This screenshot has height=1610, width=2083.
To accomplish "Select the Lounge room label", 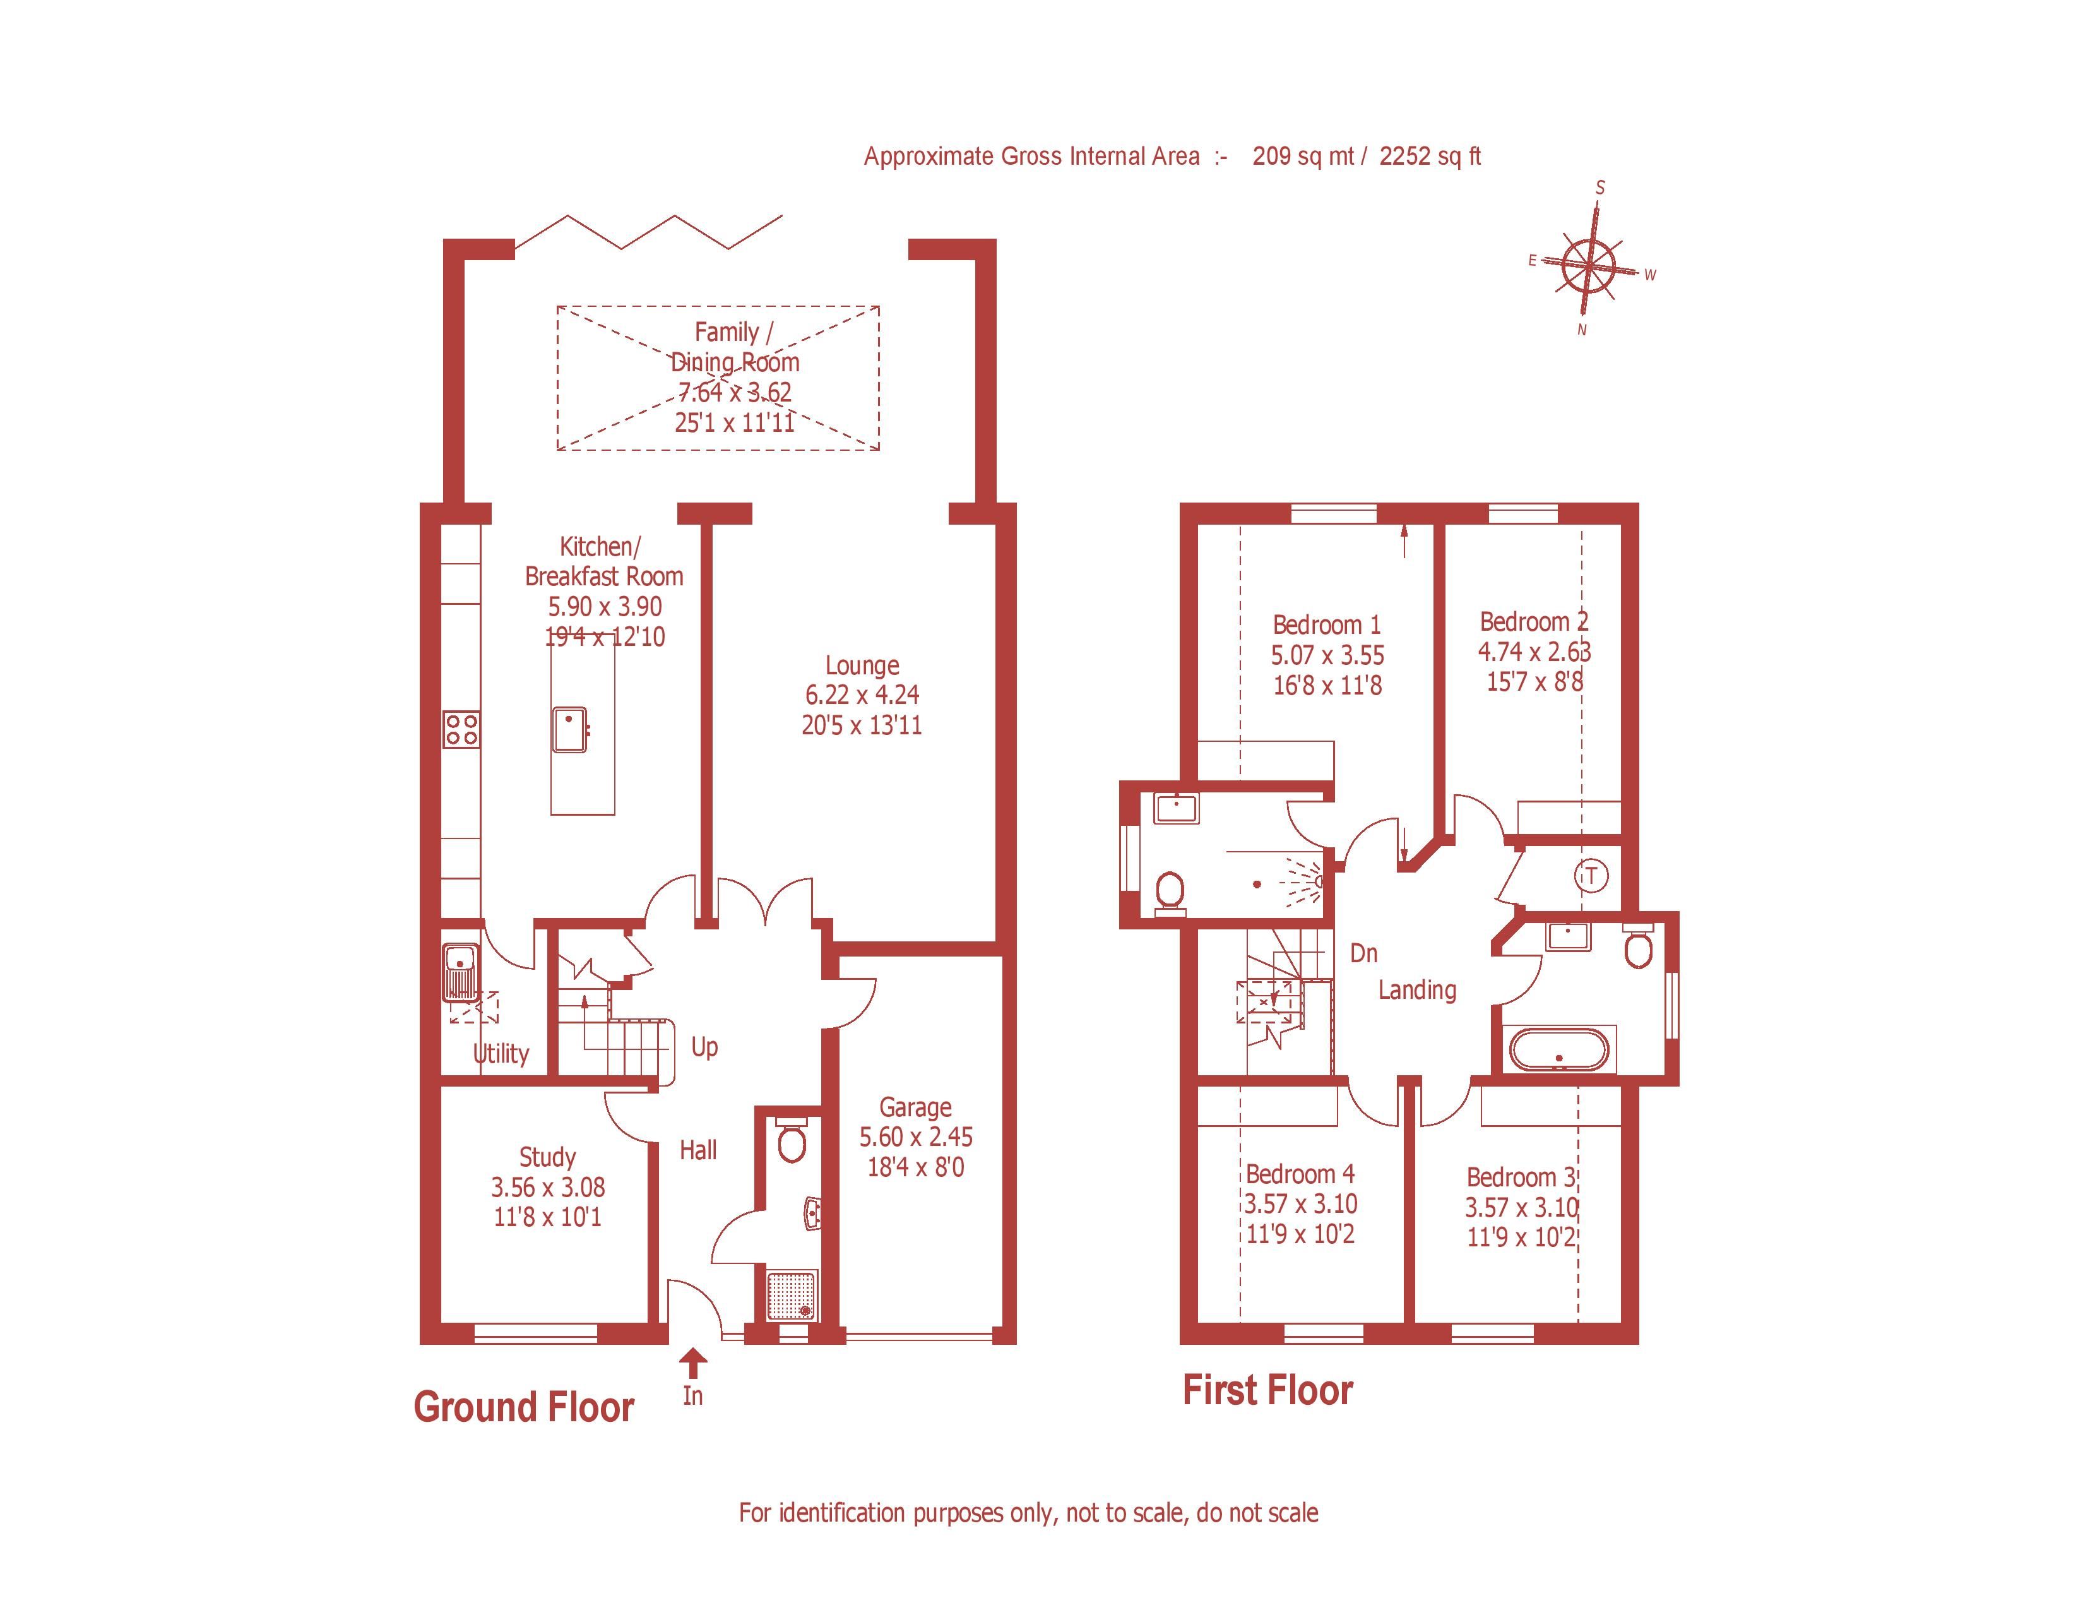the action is coord(862,665).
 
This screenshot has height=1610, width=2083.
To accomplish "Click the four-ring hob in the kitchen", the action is coord(461,730).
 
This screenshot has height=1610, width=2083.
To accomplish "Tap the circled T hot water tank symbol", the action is coord(1591,876).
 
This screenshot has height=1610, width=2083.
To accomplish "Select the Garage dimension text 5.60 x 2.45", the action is coord(916,1137).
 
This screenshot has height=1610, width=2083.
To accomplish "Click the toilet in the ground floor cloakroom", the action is coord(791,1139).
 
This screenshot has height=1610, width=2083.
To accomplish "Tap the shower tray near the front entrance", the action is coord(793,1294).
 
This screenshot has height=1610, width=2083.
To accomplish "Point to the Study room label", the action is coord(547,1157).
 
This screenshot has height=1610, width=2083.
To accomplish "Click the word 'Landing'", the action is coord(1417,990).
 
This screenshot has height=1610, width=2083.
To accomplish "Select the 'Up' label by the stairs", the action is coord(705,1047).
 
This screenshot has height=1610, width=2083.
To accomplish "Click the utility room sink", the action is coord(461,971).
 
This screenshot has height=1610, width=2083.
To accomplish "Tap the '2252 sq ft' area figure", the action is coord(1430,157).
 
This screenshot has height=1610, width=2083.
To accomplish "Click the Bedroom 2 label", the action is coord(1534,622).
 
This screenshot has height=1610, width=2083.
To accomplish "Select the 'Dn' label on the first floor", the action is coord(1364,953).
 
